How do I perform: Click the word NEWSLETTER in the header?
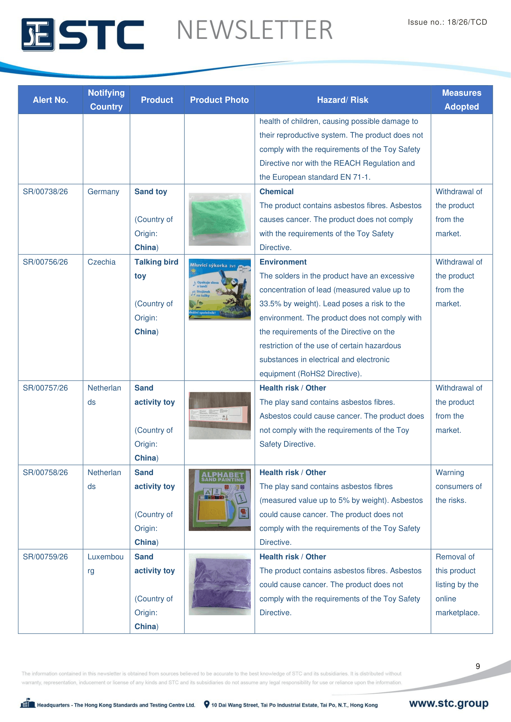pyautogui.click(x=255, y=30)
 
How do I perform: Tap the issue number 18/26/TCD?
pyautogui.click(x=467, y=22)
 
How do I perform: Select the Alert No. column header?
pyautogui.click(x=50, y=100)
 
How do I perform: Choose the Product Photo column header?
pyautogui.click(x=219, y=100)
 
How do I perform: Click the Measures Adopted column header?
pyautogui.click(x=461, y=100)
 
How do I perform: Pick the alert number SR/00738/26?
pyautogui.click(x=45, y=191)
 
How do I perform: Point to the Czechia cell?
pyautogui.click(x=101, y=262)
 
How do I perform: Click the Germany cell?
pyautogui.click(x=103, y=191)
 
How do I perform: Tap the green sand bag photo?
pyautogui.click(x=220, y=219)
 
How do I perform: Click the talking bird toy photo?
pyautogui.click(x=220, y=289)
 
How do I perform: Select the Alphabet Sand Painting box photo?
pyautogui.click(x=220, y=500)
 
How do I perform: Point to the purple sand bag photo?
pyautogui.click(x=220, y=584)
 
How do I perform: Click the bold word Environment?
pyautogui.click(x=283, y=262)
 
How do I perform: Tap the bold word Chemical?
pyautogui.click(x=276, y=191)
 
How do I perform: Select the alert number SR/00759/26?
pyautogui.click(x=45, y=557)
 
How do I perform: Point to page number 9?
pyautogui.click(x=478, y=666)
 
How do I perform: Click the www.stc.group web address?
pyautogui.click(x=449, y=703)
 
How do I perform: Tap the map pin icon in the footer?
pyautogui.click(x=207, y=704)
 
